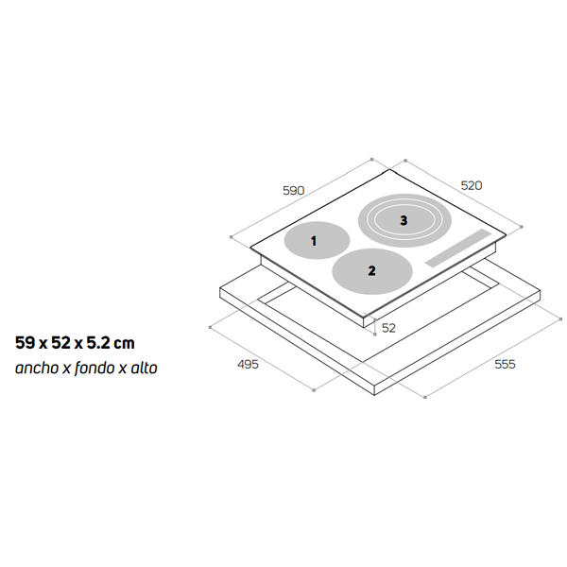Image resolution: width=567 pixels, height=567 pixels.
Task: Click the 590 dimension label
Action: pyautogui.click(x=293, y=191)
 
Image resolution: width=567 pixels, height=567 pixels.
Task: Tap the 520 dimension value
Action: pyautogui.click(x=472, y=185)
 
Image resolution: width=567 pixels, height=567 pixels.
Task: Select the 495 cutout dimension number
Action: pyautogui.click(x=248, y=364)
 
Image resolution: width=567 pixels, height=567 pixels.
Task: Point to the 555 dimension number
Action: pyautogui.click(x=505, y=364)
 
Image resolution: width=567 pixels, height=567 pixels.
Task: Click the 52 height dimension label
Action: pyautogui.click(x=388, y=328)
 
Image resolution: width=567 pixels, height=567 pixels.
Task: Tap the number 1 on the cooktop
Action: pyautogui.click(x=314, y=241)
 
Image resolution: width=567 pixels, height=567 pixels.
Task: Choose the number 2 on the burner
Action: pyautogui.click(x=371, y=270)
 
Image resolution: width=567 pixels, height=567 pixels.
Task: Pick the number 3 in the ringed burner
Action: pyautogui.click(x=404, y=220)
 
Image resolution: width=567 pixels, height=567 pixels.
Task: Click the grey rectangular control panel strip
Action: pyautogui.click(x=458, y=248)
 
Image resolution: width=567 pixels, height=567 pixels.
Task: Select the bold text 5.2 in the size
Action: pyautogui.click(x=97, y=343)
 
